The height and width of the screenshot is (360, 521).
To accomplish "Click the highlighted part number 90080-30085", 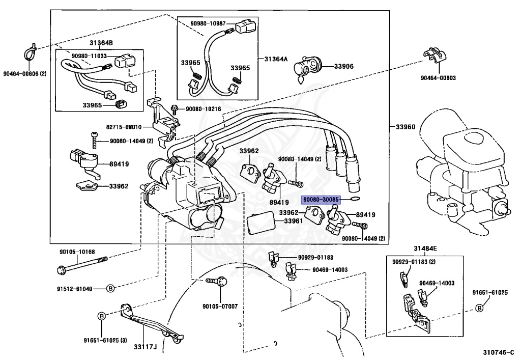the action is point(321,200).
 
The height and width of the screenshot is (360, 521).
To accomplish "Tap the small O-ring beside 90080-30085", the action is point(355,199).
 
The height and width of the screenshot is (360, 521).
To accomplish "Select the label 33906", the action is point(343,66).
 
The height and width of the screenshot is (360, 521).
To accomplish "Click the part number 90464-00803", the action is point(438,78).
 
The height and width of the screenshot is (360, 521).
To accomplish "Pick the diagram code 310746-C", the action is point(498,352).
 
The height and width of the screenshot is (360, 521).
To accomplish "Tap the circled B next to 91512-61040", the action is point(110,289).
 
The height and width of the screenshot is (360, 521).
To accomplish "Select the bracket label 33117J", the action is point(145,347).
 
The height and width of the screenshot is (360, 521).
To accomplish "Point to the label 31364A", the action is point(276,59).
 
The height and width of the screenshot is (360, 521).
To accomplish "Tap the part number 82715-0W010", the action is point(124,127).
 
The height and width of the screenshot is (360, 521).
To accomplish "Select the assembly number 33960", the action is point(406,127).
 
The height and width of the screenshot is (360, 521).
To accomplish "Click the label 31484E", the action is point(425,248).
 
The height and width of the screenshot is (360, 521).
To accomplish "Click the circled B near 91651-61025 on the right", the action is point(479,308).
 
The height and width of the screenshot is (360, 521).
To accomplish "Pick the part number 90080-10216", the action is point(203,108).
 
